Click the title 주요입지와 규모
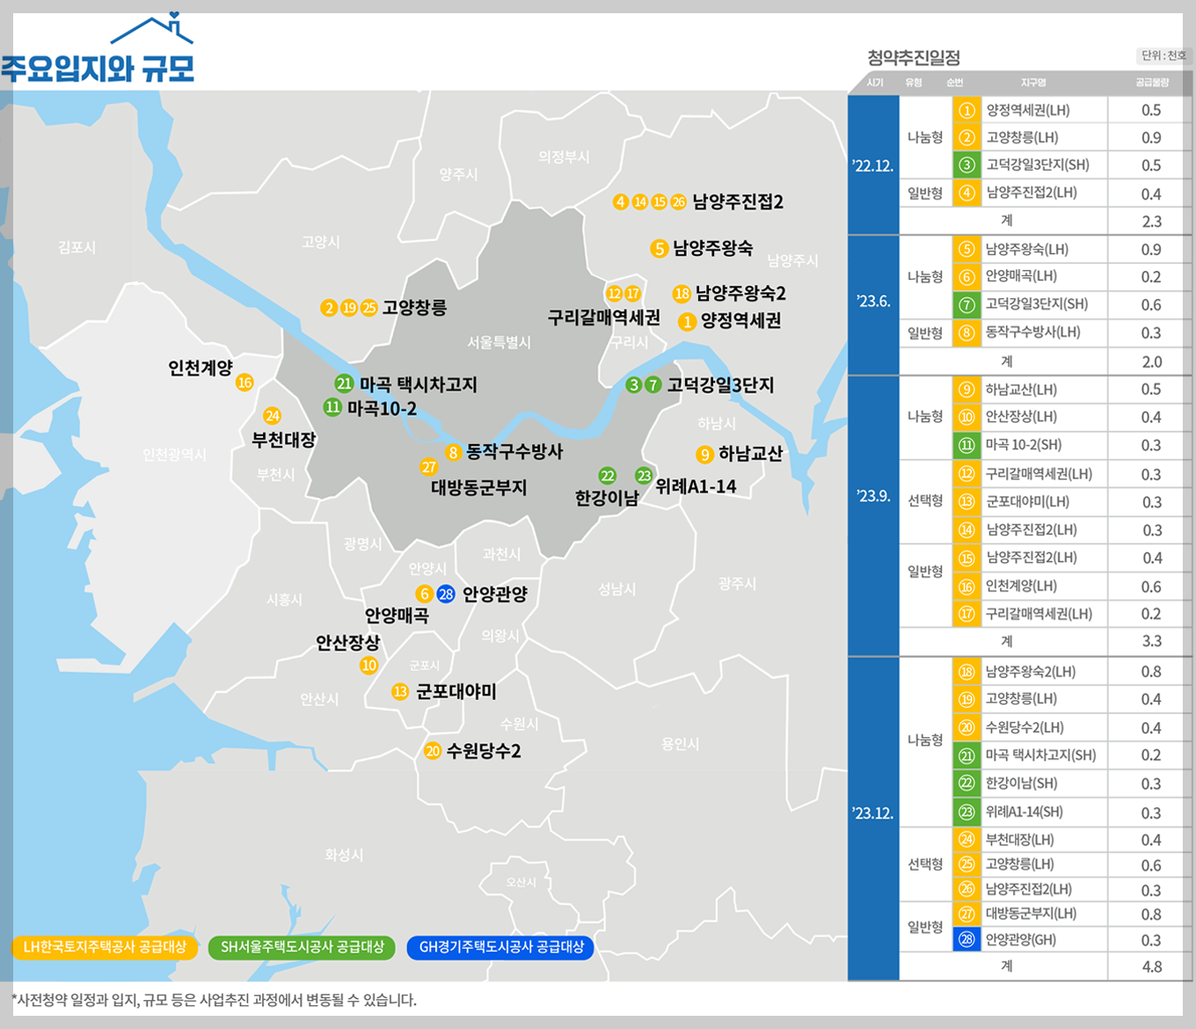98,68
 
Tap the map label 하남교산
750,454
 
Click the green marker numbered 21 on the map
344,383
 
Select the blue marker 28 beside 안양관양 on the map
446,594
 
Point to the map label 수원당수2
484,751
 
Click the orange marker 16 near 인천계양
244,383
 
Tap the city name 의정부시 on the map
564,157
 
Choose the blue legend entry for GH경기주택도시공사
500,947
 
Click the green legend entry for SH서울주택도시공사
302,947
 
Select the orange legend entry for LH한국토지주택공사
104,947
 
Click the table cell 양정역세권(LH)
1028,111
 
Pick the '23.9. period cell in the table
873,496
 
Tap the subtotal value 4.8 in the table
1151,967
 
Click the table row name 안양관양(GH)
1020,939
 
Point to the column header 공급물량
1151,83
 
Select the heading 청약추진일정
913,58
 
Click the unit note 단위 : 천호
1163,55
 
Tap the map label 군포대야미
456,691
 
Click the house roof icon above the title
153,30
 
